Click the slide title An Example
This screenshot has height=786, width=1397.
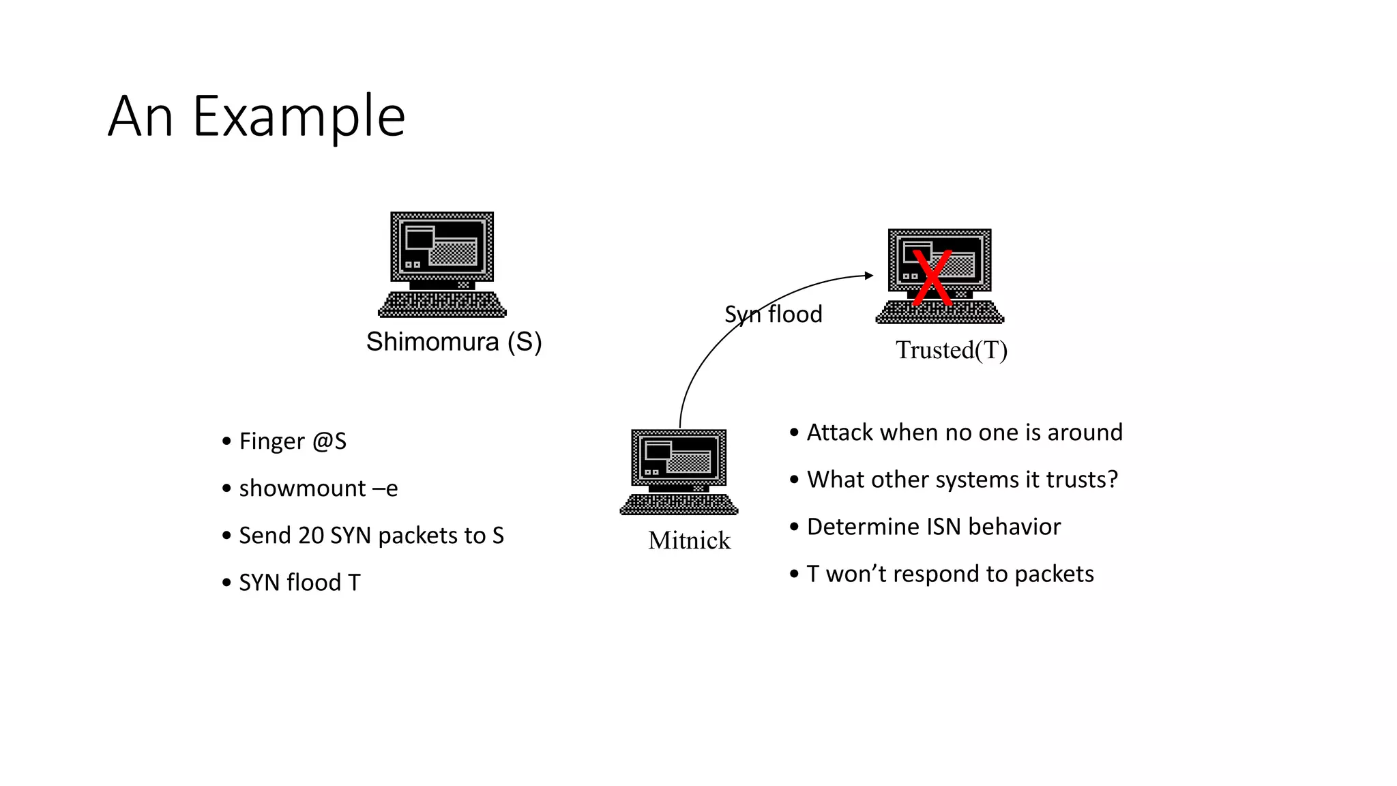click(x=256, y=117)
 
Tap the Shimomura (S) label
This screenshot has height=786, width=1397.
click(x=454, y=342)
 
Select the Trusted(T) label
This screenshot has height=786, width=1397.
click(x=951, y=350)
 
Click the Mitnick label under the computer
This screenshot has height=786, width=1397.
click(x=689, y=540)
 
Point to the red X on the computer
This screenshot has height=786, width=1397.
click(x=932, y=278)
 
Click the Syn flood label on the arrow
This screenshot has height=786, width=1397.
click(x=773, y=315)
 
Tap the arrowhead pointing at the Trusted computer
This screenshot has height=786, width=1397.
click(x=869, y=276)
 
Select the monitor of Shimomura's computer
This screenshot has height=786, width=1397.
click(x=442, y=246)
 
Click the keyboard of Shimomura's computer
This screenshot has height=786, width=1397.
click(x=442, y=304)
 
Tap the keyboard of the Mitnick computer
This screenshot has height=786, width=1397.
click(x=679, y=504)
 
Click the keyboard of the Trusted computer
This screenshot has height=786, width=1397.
click(x=940, y=312)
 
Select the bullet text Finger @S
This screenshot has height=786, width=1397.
click(x=293, y=441)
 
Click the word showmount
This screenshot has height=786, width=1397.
click(x=302, y=489)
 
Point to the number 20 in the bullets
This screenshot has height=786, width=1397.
click(x=311, y=536)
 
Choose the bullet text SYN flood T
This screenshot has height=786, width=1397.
click(x=299, y=583)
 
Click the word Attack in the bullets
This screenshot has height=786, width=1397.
click(x=840, y=433)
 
